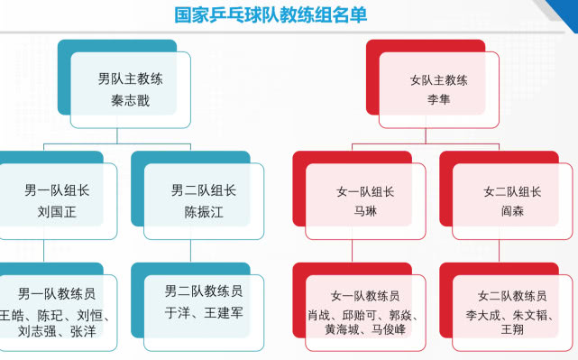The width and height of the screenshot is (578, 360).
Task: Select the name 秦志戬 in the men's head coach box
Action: (x=131, y=100)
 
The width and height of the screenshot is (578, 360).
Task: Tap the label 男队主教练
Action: (x=131, y=79)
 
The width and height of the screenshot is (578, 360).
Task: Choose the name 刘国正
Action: (x=57, y=213)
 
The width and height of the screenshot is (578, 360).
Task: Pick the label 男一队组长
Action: (x=57, y=191)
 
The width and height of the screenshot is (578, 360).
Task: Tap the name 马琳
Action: (x=364, y=213)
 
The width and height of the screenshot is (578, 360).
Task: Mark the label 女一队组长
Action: (x=364, y=191)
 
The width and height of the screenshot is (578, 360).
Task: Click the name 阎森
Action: (x=512, y=213)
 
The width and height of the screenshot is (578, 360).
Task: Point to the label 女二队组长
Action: (x=512, y=191)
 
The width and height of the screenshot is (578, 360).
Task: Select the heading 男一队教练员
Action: (x=57, y=294)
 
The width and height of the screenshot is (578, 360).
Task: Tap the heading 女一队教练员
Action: (x=364, y=296)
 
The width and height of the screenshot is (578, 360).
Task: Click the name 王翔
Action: (x=512, y=331)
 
